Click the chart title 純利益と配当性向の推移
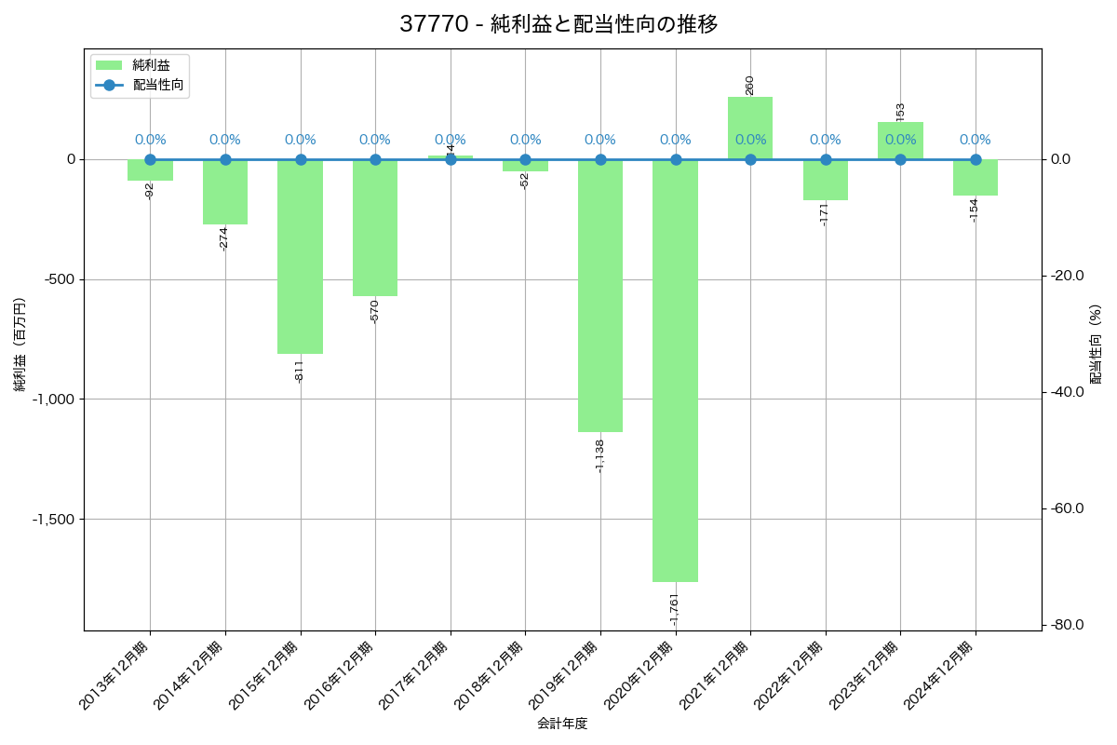click(x=558, y=24)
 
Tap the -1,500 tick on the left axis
click(x=57, y=519)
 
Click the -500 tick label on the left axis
click(x=62, y=279)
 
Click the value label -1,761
click(x=675, y=608)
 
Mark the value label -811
click(x=300, y=371)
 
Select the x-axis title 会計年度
click(x=562, y=724)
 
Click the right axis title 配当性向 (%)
click(x=1096, y=345)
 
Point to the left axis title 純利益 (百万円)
click(x=20, y=345)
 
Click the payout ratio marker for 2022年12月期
click(x=826, y=159)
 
